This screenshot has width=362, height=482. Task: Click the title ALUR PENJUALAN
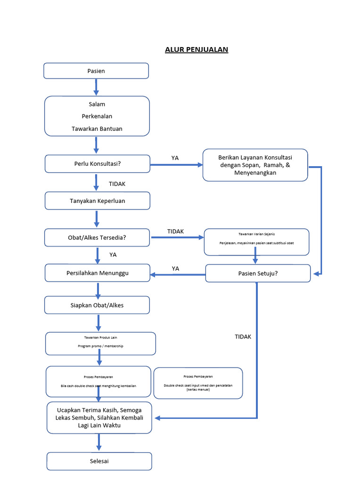pos(197,49)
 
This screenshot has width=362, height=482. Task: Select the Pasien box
pos(96,71)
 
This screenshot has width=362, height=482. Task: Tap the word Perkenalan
pos(97,116)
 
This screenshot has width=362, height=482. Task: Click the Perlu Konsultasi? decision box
pos(98,164)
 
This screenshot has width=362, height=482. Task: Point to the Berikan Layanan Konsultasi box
pos(255,165)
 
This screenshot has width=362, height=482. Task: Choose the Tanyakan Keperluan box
pos(98,201)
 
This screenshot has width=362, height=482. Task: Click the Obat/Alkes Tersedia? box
pos(98,238)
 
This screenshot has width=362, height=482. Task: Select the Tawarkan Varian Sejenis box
pos(256,241)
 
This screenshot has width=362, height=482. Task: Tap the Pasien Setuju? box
pos(258,273)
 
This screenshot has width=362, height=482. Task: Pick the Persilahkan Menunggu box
pos(98,273)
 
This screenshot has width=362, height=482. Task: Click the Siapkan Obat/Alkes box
pos(97,305)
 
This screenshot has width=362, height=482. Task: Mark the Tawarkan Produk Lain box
pos(100,343)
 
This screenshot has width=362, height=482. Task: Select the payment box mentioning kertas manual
pos(198,383)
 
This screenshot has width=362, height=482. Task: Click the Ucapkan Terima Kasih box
pos(99,418)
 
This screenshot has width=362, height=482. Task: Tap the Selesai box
pos(99,461)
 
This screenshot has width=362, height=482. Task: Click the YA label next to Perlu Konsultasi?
pos(175,158)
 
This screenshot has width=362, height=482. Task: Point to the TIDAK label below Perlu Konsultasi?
pos(117,184)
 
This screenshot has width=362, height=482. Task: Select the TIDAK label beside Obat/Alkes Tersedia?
pos(175,231)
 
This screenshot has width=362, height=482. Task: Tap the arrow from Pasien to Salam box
pos(96,87)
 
